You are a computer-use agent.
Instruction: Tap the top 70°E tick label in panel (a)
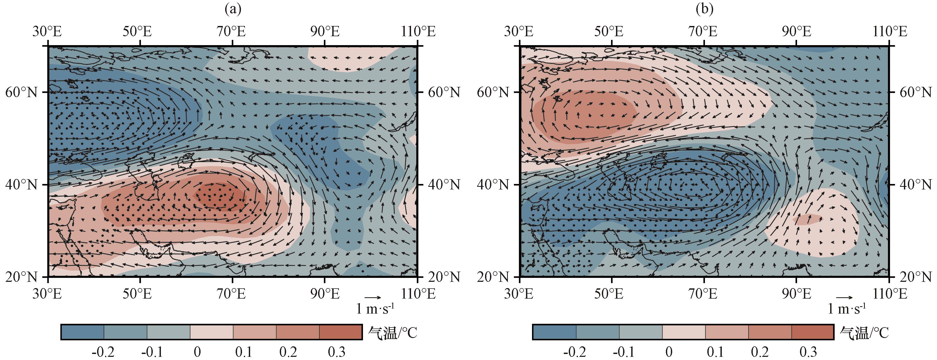coord(231,32)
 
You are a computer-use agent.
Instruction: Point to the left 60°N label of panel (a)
coord(22,92)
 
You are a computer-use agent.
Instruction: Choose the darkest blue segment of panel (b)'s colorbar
coord(554,332)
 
